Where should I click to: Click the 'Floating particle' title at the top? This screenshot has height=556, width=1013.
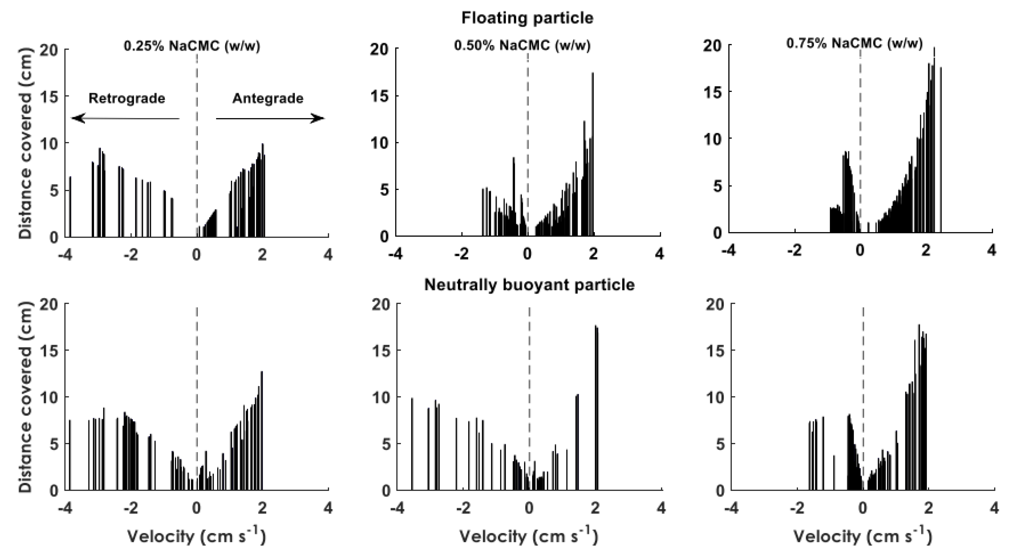527,18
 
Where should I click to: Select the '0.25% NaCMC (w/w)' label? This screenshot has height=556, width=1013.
192,46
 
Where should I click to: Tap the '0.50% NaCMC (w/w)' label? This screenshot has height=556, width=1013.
522,46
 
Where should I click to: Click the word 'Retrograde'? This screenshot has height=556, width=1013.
127,98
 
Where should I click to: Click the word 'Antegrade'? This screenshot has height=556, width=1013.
268,98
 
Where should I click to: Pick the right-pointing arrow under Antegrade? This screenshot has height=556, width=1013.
270,118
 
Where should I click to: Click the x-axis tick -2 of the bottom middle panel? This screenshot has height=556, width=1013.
463,509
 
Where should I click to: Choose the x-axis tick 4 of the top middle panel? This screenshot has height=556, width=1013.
660,254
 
